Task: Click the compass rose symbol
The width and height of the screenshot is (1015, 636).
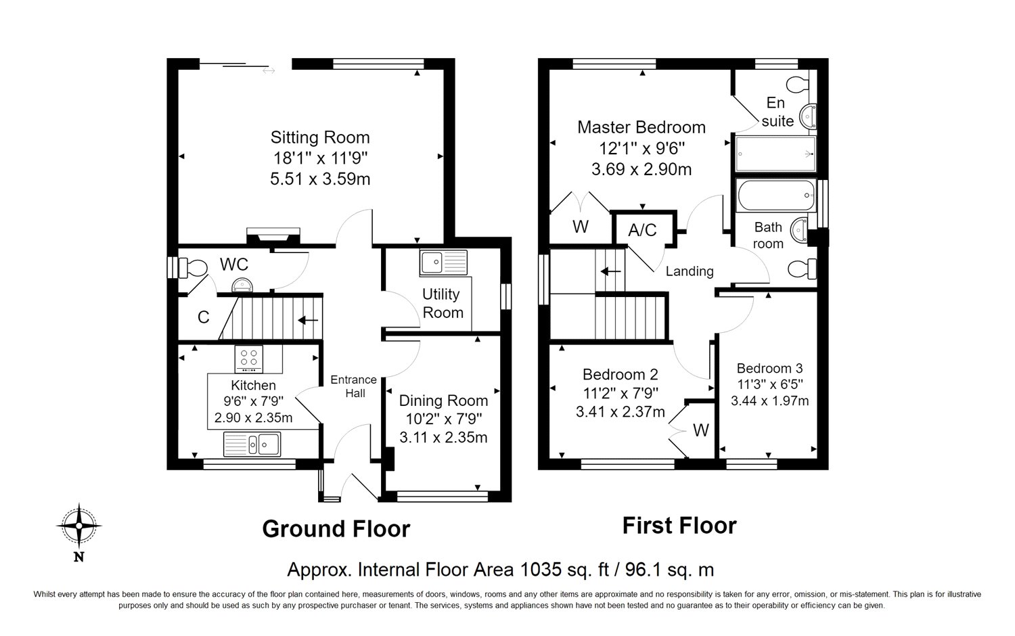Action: click(79, 526)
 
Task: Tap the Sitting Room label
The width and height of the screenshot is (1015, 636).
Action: click(320, 137)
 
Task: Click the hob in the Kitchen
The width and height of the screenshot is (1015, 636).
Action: click(249, 359)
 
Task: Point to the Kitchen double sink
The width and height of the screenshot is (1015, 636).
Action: click(252, 444)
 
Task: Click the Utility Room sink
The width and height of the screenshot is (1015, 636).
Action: click(443, 263)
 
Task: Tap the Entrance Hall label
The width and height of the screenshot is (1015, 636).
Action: click(353, 386)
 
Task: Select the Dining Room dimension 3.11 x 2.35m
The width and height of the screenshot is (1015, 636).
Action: click(443, 438)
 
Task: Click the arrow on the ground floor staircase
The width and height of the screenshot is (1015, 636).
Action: click(308, 320)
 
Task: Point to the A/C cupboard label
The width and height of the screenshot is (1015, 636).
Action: click(642, 230)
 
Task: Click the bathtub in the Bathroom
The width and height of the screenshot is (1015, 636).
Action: click(776, 196)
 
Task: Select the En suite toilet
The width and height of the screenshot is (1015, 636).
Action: click(798, 84)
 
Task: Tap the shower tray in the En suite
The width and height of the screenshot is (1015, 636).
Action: click(775, 154)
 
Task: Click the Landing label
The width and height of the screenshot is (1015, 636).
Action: click(690, 271)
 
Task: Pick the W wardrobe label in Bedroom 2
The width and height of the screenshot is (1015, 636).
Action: click(701, 430)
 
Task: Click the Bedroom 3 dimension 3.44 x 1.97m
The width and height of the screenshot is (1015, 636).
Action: click(769, 401)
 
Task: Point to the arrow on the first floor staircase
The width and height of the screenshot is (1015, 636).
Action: click(610, 271)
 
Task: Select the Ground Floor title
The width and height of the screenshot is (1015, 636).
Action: click(336, 528)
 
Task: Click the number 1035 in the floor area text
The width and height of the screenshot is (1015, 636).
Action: click(541, 570)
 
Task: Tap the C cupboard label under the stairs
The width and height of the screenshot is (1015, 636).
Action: click(204, 317)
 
